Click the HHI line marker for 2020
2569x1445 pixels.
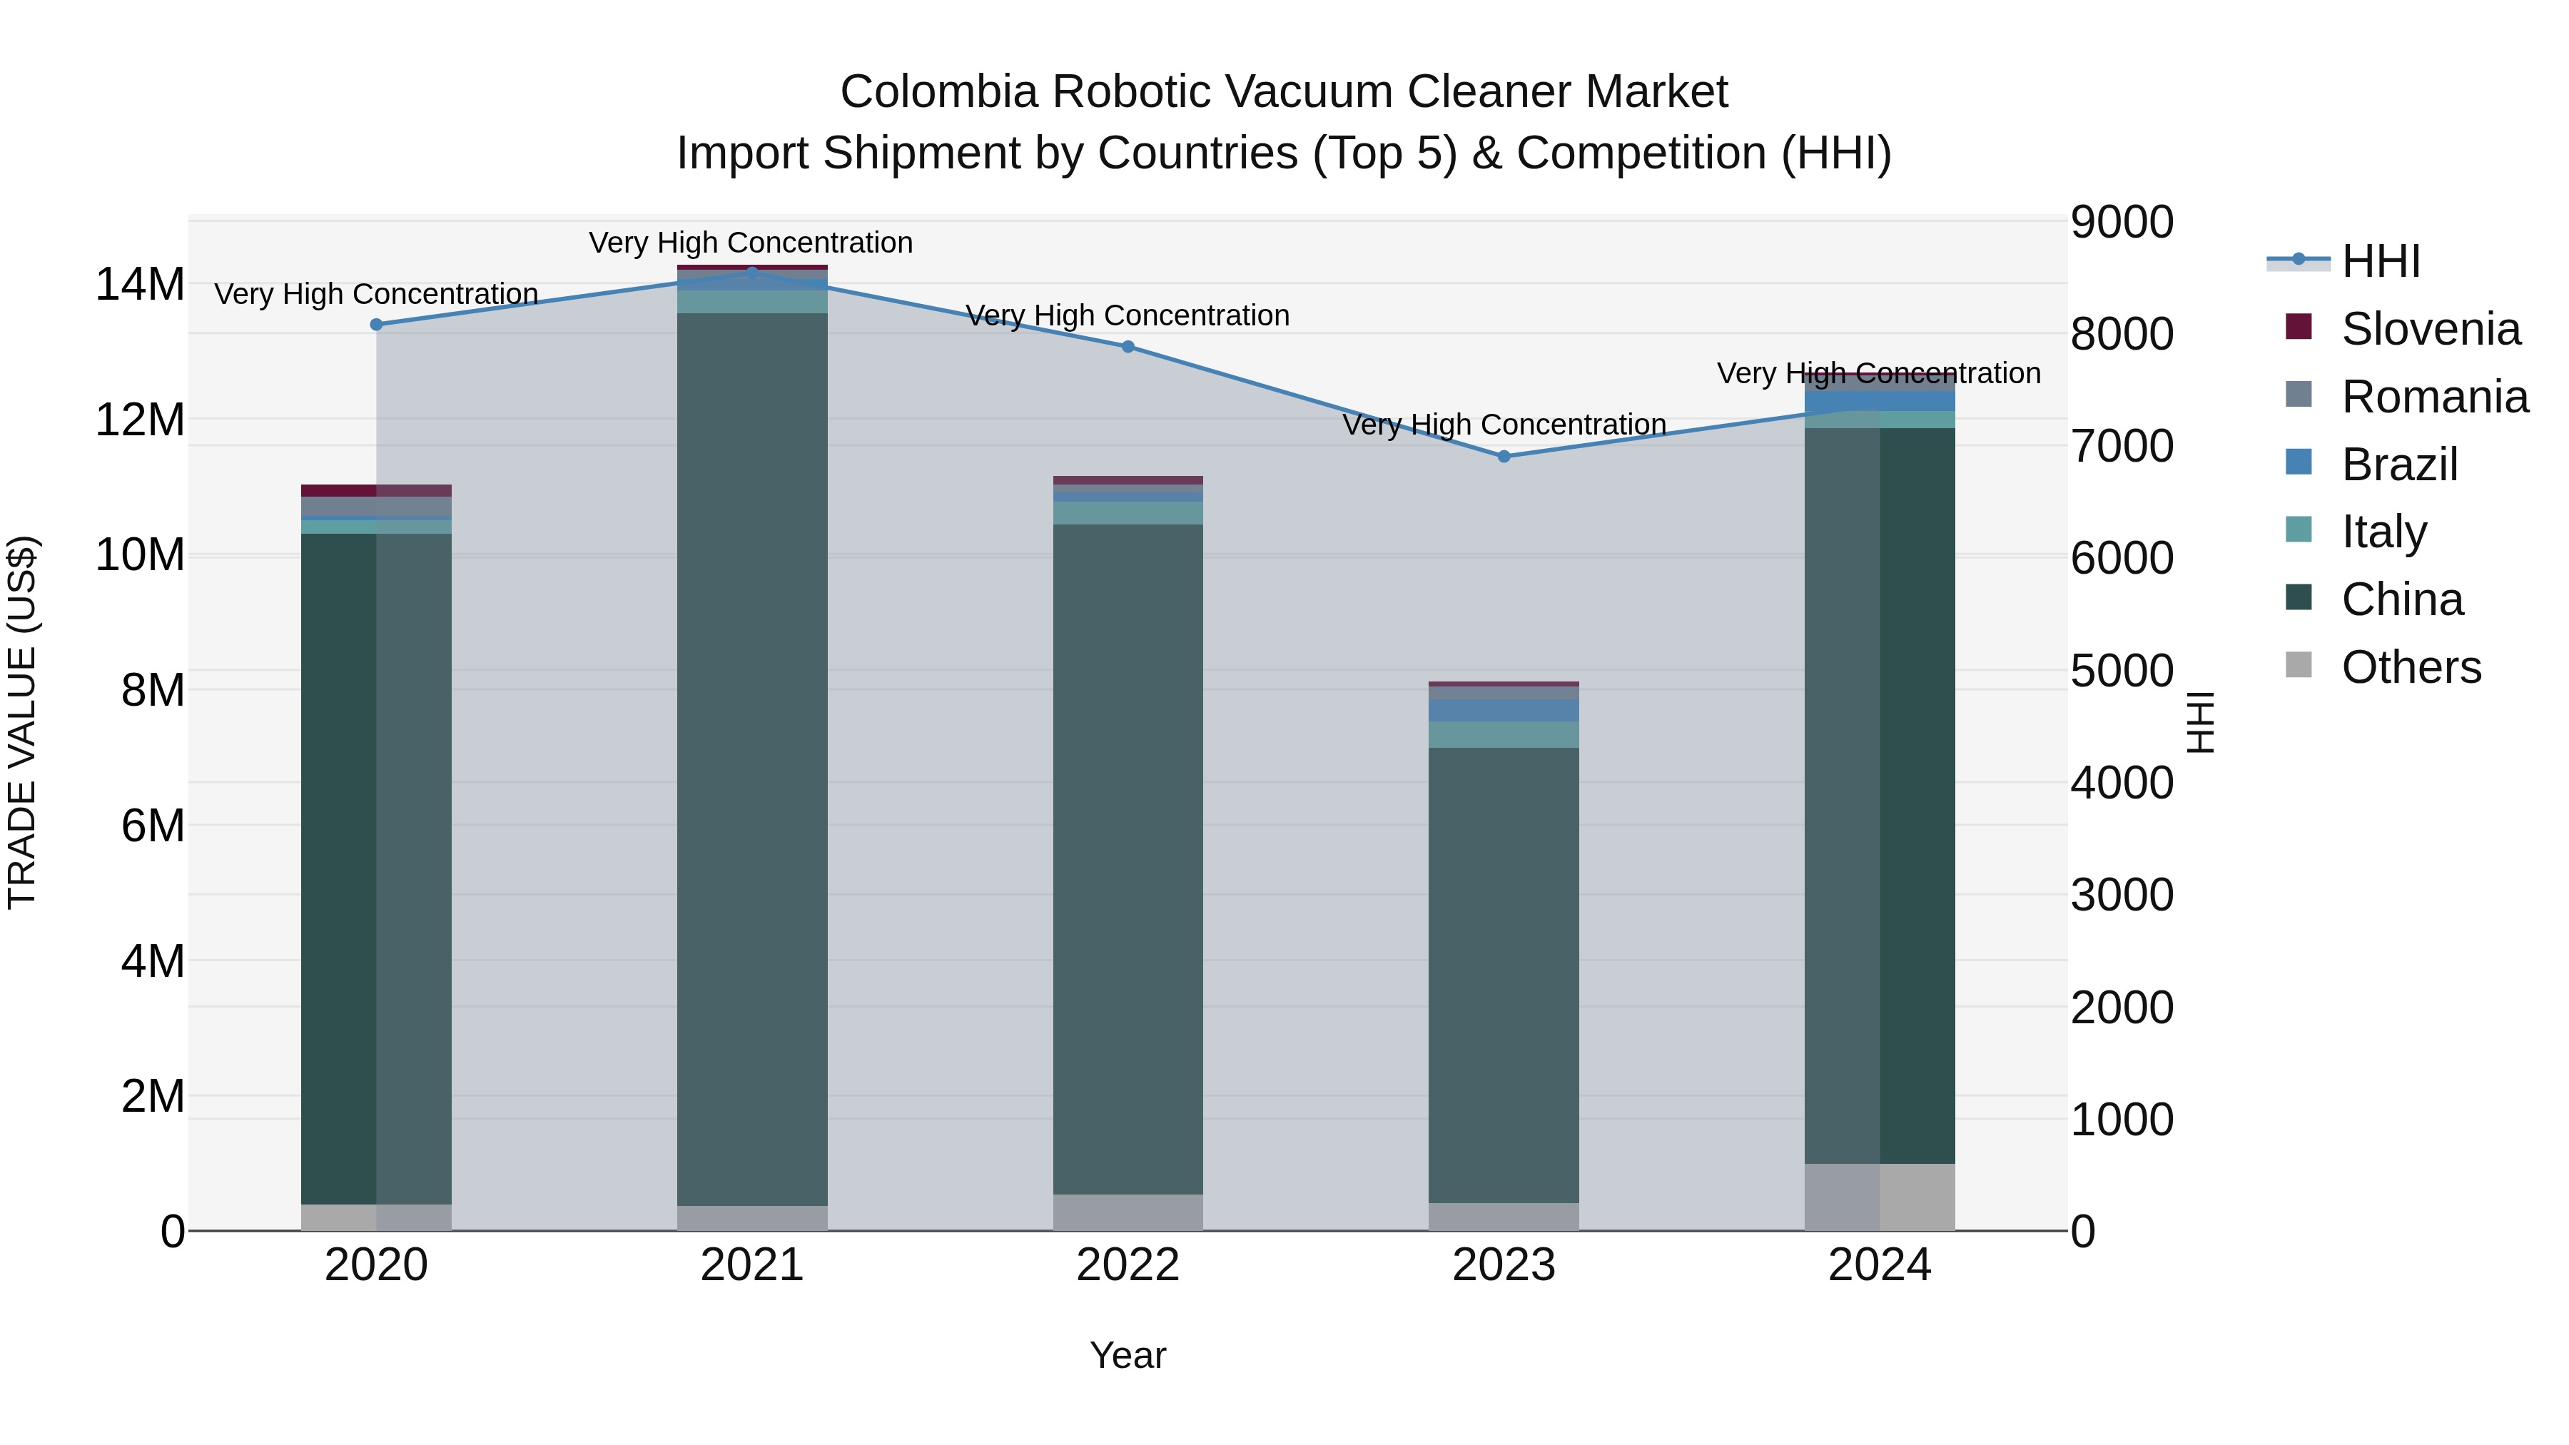376,324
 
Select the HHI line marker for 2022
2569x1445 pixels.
1128,347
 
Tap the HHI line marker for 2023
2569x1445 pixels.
1504,457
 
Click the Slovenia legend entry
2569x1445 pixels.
2429,329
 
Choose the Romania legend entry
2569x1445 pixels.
2433,397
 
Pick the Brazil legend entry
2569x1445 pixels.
2398,465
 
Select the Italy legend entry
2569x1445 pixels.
2383,532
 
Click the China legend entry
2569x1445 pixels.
2401,599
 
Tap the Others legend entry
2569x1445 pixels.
2411,667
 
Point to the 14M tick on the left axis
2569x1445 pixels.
140,285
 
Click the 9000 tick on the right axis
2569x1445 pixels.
2122,223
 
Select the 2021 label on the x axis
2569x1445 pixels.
752,1265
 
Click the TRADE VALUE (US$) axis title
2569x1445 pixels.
22,722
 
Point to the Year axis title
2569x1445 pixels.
1128,1355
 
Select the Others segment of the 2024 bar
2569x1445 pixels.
1880,1197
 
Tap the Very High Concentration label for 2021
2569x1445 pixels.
751,243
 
